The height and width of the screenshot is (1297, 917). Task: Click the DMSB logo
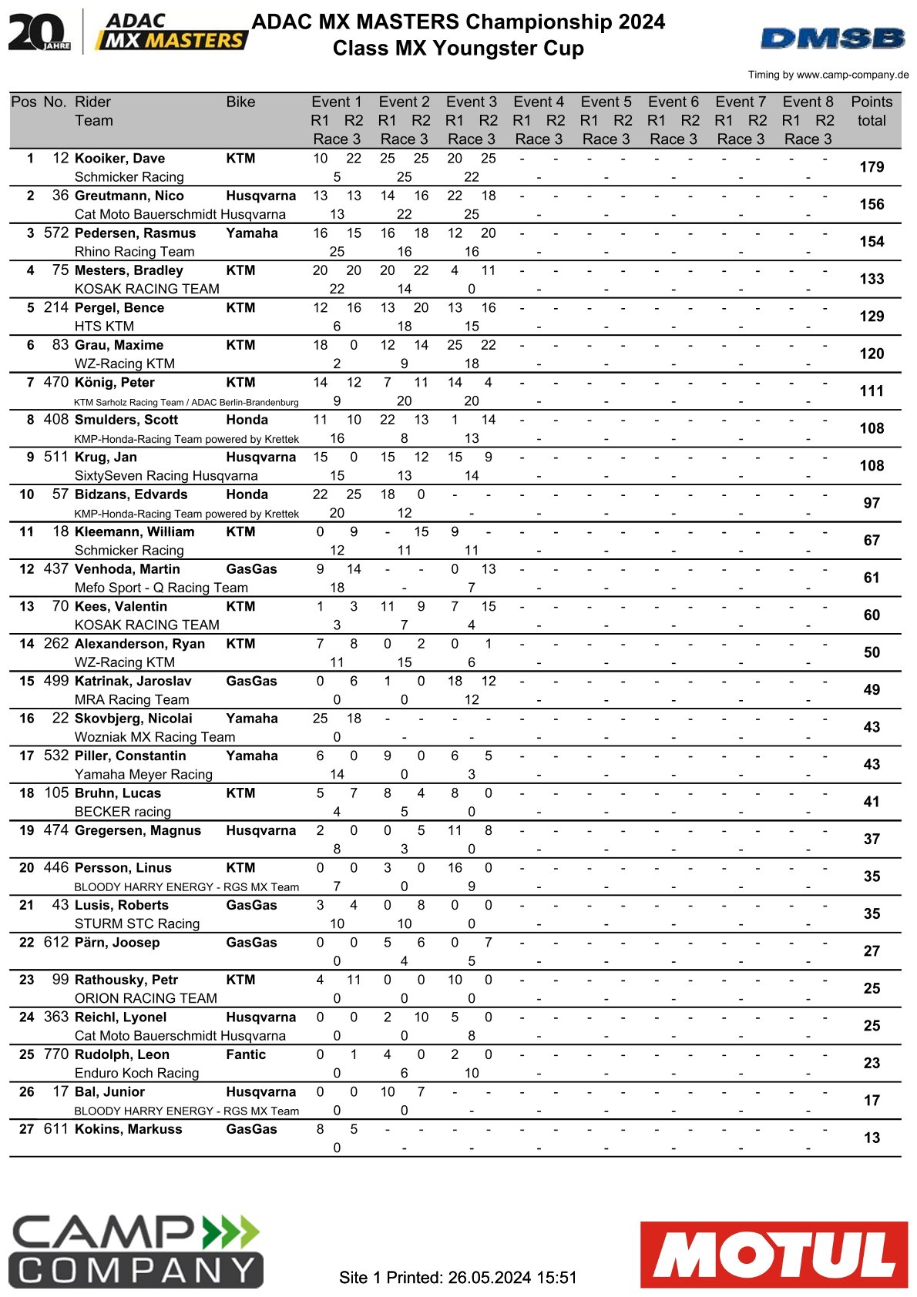click(x=832, y=38)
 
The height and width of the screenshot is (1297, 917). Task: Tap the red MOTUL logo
click(x=774, y=1254)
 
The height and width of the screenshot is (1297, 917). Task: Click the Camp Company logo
click(x=136, y=1251)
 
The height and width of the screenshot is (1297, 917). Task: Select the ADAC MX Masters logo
click(x=171, y=32)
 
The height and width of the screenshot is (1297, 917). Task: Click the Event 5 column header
click(x=606, y=102)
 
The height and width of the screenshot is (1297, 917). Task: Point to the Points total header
click(x=872, y=111)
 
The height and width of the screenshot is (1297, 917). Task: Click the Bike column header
click(x=240, y=102)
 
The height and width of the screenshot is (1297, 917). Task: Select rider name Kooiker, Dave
click(x=119, y=159)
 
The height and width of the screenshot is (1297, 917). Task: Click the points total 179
click(x=872, y=167)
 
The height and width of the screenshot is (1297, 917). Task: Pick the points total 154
click(x=872, y=242)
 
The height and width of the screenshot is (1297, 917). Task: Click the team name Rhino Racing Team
click(x=134, y=252)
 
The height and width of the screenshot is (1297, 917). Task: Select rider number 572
click(x=56, y=233)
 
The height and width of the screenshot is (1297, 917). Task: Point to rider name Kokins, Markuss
click(x=128, y=1129)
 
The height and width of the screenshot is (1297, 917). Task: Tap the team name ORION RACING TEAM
click(x=146, y=998)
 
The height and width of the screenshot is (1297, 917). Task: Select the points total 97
click(x=872, y=503)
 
